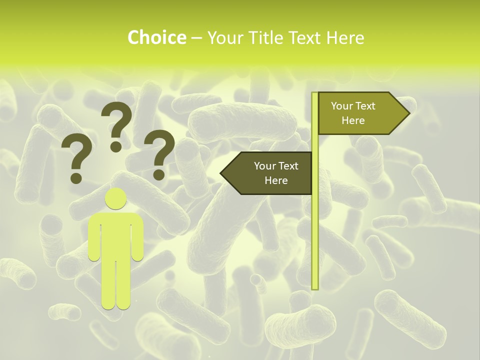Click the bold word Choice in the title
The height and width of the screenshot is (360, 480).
(x=156, y=37)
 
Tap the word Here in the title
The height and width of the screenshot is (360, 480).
(x=345, y=37)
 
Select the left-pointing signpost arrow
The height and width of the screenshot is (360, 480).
(x=267, y=173)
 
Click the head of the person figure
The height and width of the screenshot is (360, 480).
(x=115, y=198)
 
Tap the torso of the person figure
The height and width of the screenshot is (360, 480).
(x=115, y=235)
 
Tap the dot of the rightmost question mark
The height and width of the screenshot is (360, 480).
(x=159, y=174)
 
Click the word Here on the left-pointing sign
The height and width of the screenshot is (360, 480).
(x=276, y=180)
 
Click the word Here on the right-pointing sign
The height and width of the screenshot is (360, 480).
(x=353, y=120)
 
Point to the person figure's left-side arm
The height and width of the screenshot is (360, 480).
(x=94, y=240)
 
